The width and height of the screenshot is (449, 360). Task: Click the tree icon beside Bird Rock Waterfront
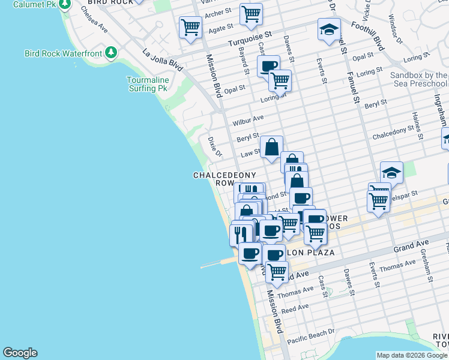click(110, 53)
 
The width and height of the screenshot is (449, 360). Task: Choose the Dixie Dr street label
click(214, 145)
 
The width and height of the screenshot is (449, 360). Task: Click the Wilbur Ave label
click(249, 119)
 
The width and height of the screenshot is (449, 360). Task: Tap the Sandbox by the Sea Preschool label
click(418, 80)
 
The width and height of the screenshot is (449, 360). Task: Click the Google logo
click(20, 353)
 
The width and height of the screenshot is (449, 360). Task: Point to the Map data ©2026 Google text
click(412, 355)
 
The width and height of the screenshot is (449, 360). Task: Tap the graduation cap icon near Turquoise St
click(329, 29)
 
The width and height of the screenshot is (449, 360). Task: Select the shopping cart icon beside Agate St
click(190, 26)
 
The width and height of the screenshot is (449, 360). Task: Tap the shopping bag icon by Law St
click(271, 146)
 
